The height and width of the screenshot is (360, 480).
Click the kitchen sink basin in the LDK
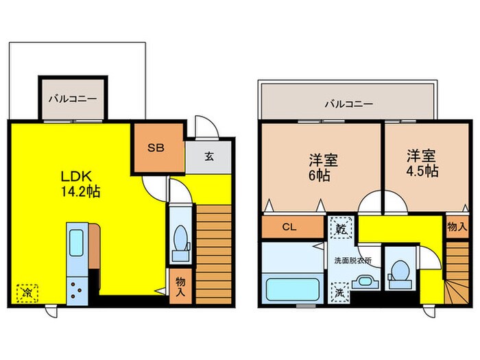76,243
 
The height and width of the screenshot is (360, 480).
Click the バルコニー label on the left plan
72,98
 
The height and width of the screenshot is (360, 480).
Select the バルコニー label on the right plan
348,104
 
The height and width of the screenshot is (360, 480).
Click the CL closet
289,228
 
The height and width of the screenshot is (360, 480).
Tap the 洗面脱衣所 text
352,261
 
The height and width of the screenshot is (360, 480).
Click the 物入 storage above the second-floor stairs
457,226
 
